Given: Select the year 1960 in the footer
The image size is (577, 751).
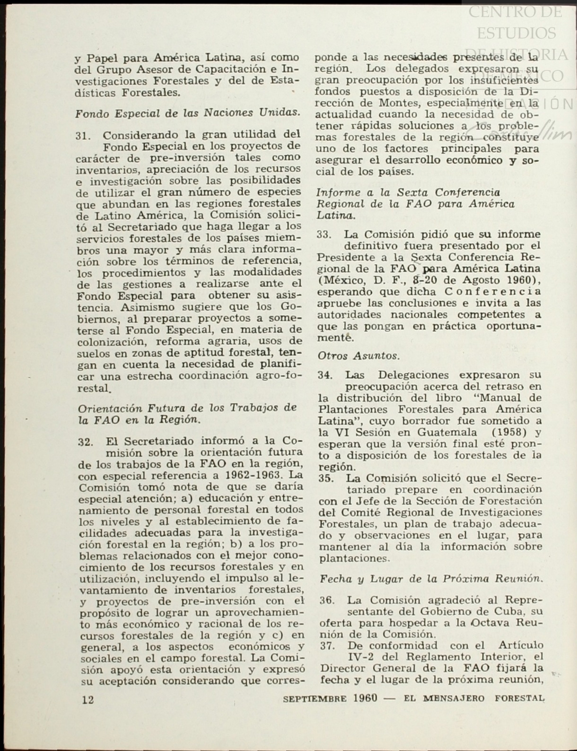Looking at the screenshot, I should (364, 698).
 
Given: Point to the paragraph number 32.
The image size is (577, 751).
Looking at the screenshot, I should (85, 442).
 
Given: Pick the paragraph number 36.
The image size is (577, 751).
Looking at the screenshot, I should (327, 601).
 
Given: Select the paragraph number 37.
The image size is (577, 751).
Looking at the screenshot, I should (327, 646).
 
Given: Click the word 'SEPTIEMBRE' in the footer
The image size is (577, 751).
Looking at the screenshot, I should (314, 699).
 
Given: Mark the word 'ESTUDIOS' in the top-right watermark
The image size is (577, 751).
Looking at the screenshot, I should (516, 33).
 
